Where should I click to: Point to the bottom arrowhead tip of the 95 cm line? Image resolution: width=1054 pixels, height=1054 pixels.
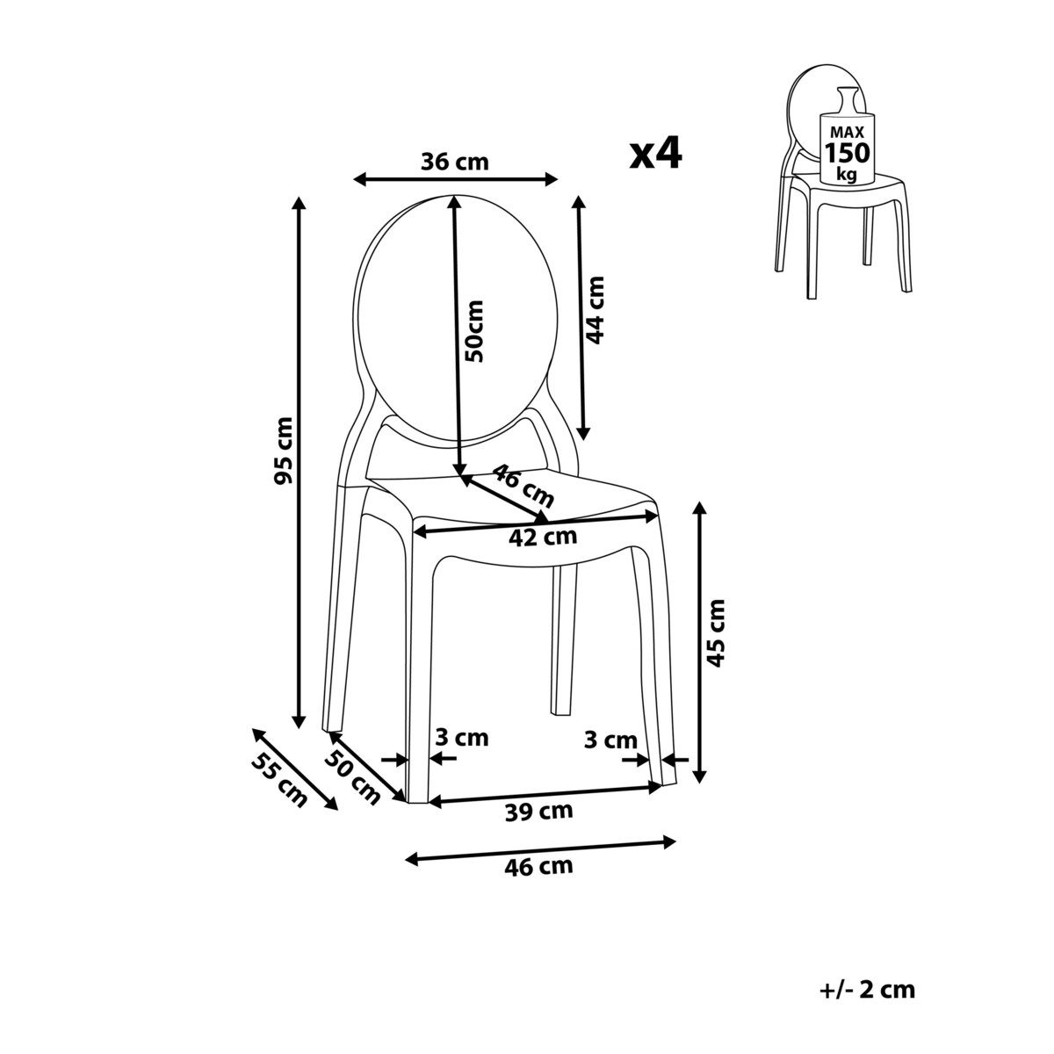298,729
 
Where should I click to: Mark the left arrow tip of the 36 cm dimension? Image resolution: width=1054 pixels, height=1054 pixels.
354,179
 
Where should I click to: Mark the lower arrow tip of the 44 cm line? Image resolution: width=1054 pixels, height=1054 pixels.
584,440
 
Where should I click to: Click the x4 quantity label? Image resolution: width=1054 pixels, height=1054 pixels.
656,154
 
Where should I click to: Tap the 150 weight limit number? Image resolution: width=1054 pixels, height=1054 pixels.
848,153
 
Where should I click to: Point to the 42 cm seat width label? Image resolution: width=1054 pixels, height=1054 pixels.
543,538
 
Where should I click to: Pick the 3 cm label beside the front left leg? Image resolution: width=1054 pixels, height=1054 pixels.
462,738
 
